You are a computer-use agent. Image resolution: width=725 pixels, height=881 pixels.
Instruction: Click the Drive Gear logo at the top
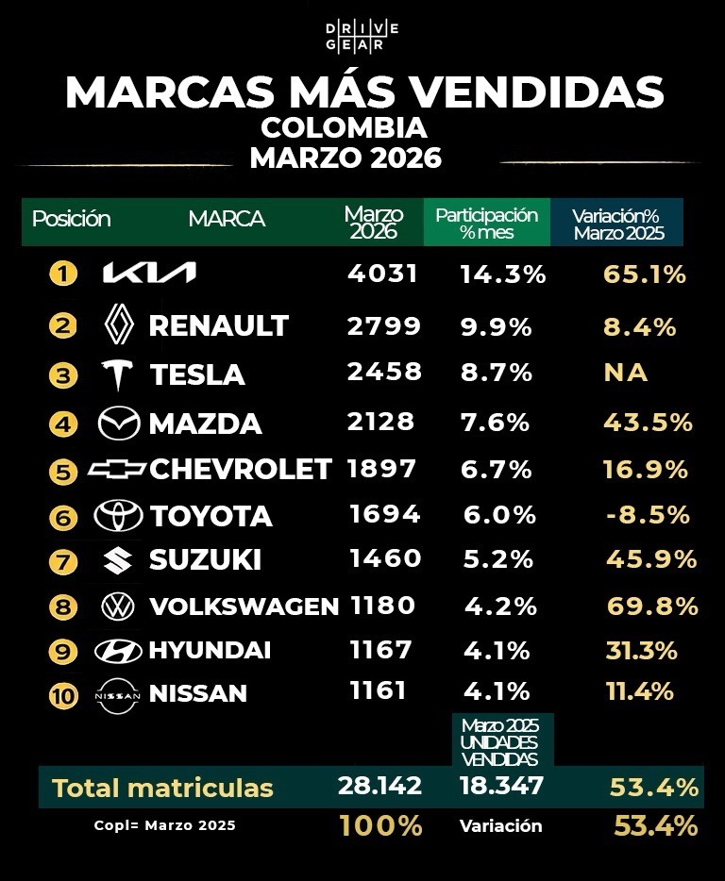tap(362, 38)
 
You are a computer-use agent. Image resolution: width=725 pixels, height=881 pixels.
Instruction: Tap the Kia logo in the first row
tap(149, 274)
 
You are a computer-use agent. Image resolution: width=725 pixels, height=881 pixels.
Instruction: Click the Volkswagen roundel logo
tap(118, 606)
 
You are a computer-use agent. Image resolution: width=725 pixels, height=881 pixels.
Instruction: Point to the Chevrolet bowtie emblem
tap(117, 469)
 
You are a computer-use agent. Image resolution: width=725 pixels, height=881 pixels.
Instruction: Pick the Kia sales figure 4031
tap(381, 274)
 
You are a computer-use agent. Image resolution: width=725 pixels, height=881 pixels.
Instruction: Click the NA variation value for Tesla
tap(626, 373)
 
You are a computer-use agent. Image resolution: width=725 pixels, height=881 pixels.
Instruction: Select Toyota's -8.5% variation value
tap(647, 515)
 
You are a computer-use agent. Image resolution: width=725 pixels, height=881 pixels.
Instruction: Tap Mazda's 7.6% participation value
tap(495, 422)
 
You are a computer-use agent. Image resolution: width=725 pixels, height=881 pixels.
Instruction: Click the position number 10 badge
tap(63, 696)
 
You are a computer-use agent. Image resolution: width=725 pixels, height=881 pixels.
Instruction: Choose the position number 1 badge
tap(62, 274)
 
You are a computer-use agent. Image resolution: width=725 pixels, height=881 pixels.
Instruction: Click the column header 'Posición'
tap(72, 219)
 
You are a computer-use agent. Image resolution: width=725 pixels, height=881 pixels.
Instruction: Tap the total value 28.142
tap(379, 787)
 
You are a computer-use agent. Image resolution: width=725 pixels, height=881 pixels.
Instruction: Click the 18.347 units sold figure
tap(502, 787)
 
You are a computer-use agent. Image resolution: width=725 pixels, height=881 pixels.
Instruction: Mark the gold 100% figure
tap(380, 826)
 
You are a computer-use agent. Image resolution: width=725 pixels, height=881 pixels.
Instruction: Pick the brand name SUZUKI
tap(205, 560)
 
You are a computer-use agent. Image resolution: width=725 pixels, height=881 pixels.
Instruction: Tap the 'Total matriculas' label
tap(162, 788)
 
